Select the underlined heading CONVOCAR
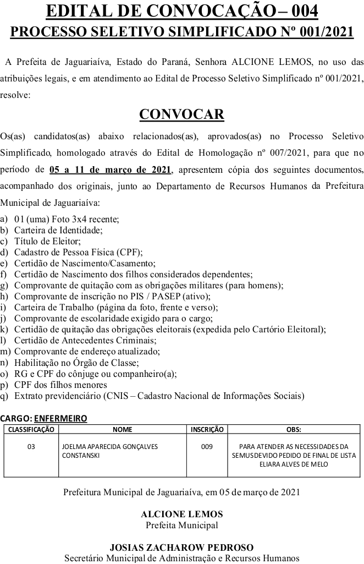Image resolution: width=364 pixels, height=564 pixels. click(181, 114)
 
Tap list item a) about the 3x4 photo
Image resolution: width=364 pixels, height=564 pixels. click(66, 218)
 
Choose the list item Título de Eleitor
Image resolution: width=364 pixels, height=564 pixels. click(47, 240)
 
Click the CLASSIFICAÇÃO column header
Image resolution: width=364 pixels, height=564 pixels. click(31, 429)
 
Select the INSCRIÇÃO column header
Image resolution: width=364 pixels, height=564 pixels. click(207, 429)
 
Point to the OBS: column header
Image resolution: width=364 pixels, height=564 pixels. click(294, 429)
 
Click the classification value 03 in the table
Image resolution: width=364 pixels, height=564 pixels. click(31, 447)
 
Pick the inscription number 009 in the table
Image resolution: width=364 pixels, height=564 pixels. click(207, 447)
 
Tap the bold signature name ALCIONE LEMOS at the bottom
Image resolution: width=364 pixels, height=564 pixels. click(182, 514)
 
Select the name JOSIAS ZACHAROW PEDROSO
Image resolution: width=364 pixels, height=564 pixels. click(182, 547)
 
